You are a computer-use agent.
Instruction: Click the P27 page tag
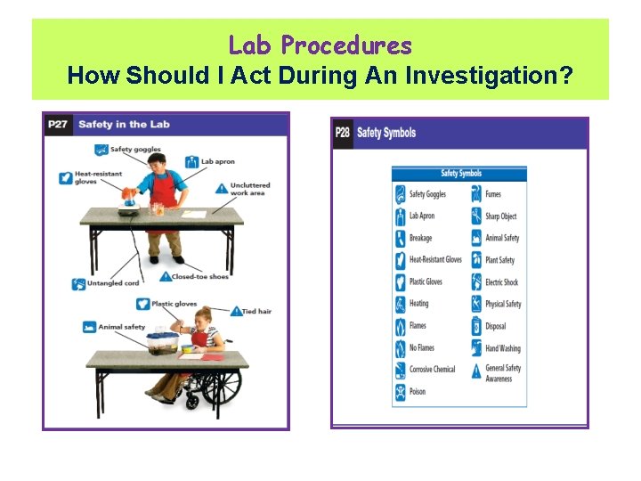58,124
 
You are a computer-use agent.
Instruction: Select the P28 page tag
343,134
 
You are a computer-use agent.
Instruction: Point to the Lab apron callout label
217,161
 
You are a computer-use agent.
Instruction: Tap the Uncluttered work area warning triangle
222,188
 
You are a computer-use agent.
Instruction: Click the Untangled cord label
113,283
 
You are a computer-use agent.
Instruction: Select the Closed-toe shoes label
199,276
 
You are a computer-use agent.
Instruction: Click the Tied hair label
256,311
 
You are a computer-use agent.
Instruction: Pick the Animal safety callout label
122,327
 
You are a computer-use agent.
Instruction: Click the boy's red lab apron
163,191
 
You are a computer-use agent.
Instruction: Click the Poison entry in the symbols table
418,391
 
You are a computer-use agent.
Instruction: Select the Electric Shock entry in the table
501,282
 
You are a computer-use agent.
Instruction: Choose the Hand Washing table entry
502,348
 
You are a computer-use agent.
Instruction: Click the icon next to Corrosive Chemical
400,369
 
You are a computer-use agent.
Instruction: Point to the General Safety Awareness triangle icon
477,372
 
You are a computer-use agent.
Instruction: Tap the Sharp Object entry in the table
500,216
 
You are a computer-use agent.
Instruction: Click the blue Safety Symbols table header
459,174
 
